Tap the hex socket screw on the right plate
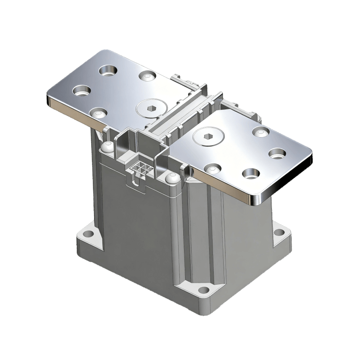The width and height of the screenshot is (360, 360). click(209, 136)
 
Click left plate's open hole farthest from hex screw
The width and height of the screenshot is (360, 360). click(108, 70)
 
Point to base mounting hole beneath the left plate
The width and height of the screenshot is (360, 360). click(88, 234)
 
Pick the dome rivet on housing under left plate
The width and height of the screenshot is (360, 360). click(107, 145)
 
